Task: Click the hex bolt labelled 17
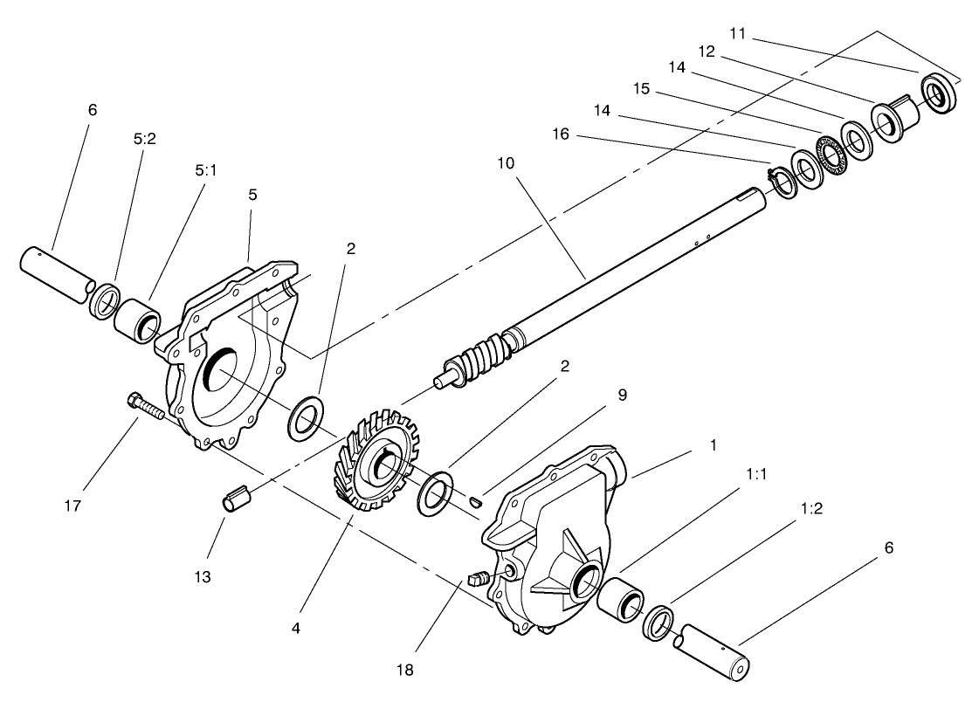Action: coord(146,405)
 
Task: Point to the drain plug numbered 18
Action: coord(478,578)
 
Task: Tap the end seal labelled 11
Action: coord(939,93)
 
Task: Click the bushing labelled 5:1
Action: coord(137,320)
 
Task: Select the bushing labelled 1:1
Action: coord(620,601)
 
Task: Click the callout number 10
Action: coord(506,163)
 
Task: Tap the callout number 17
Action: coord(73,506)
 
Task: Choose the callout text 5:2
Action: coord(144,139)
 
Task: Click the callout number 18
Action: coord(405,671)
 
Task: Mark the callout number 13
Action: coord(203,577)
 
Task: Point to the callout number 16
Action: coord(561,134)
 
